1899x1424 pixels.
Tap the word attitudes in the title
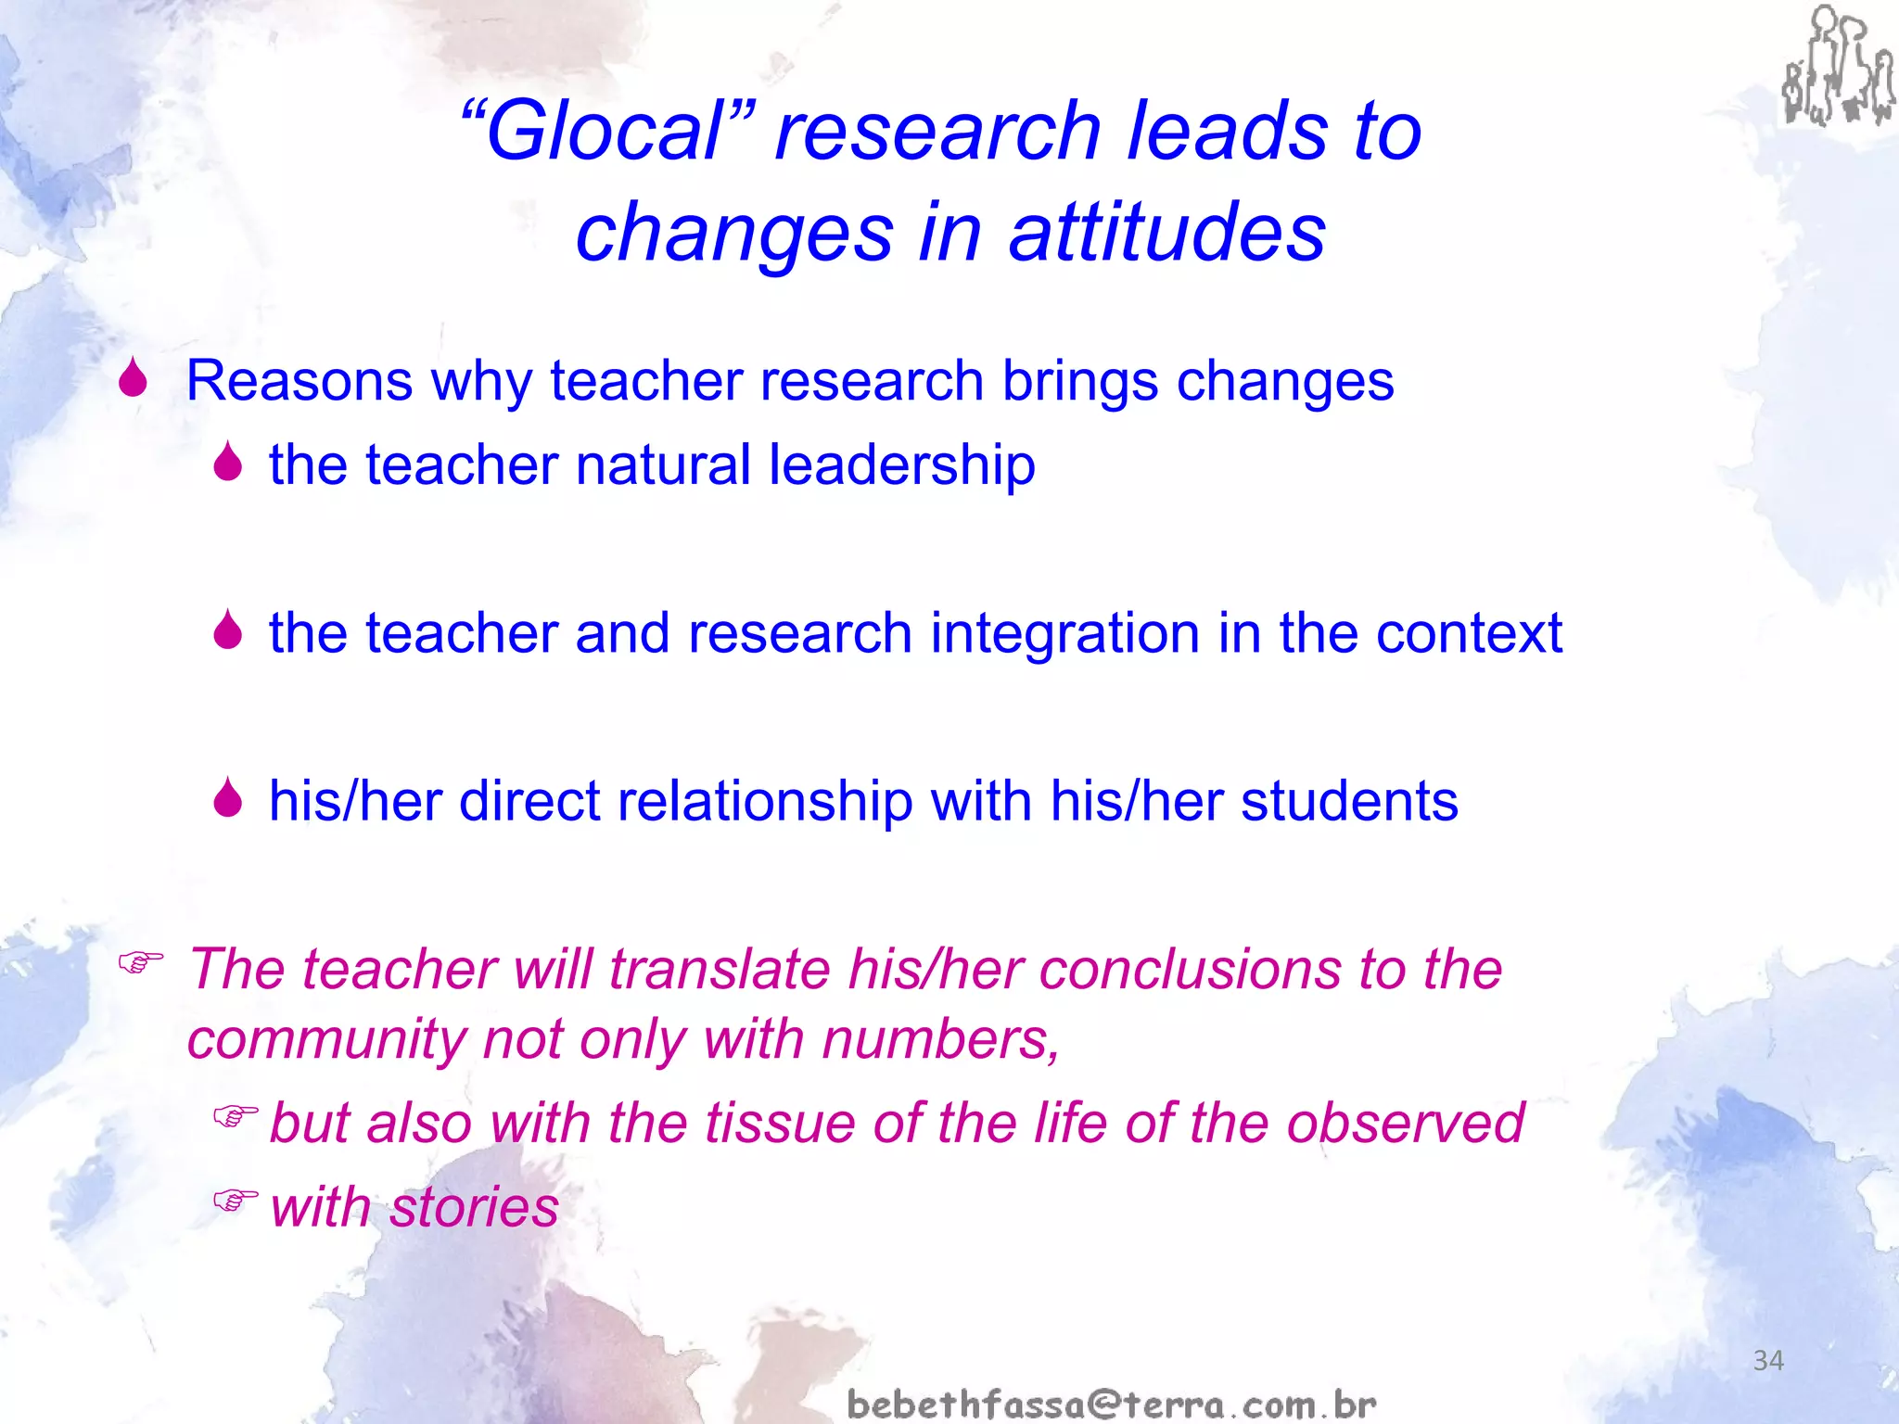[1167, 233]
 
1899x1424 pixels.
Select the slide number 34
[1767, 1360]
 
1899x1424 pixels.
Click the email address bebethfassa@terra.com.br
[1112, 1404]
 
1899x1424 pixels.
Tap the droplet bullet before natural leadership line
[227, 462]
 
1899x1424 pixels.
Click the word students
[1349, 802]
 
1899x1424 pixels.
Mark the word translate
[719, 970]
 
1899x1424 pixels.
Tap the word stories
[474, 1208]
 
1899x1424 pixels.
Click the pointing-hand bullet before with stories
[235, 1201]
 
